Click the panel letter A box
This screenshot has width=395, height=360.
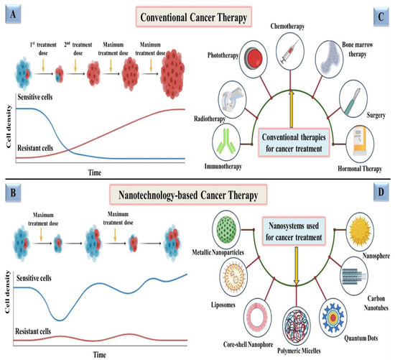pyautogui.click(x=11, y=10)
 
